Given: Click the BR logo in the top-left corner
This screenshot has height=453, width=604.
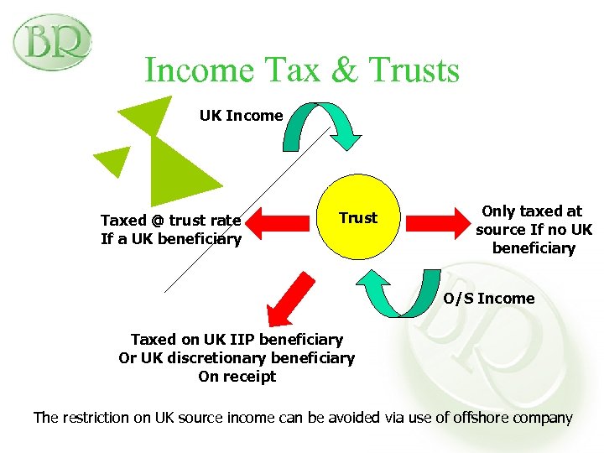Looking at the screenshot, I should click(x=51, y=41).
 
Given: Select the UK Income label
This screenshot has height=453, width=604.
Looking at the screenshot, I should click(x=241, y=116).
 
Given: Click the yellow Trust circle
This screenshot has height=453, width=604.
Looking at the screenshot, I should click(x=358, y=219).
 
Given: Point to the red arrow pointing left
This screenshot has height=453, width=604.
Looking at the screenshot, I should click(x=281, y=219).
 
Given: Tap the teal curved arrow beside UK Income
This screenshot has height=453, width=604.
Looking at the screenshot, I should click(x=323, y=126).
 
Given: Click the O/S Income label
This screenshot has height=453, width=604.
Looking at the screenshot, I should click(x=489, y=299).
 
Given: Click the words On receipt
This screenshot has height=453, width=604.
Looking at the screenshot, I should click(x=237, y=377).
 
